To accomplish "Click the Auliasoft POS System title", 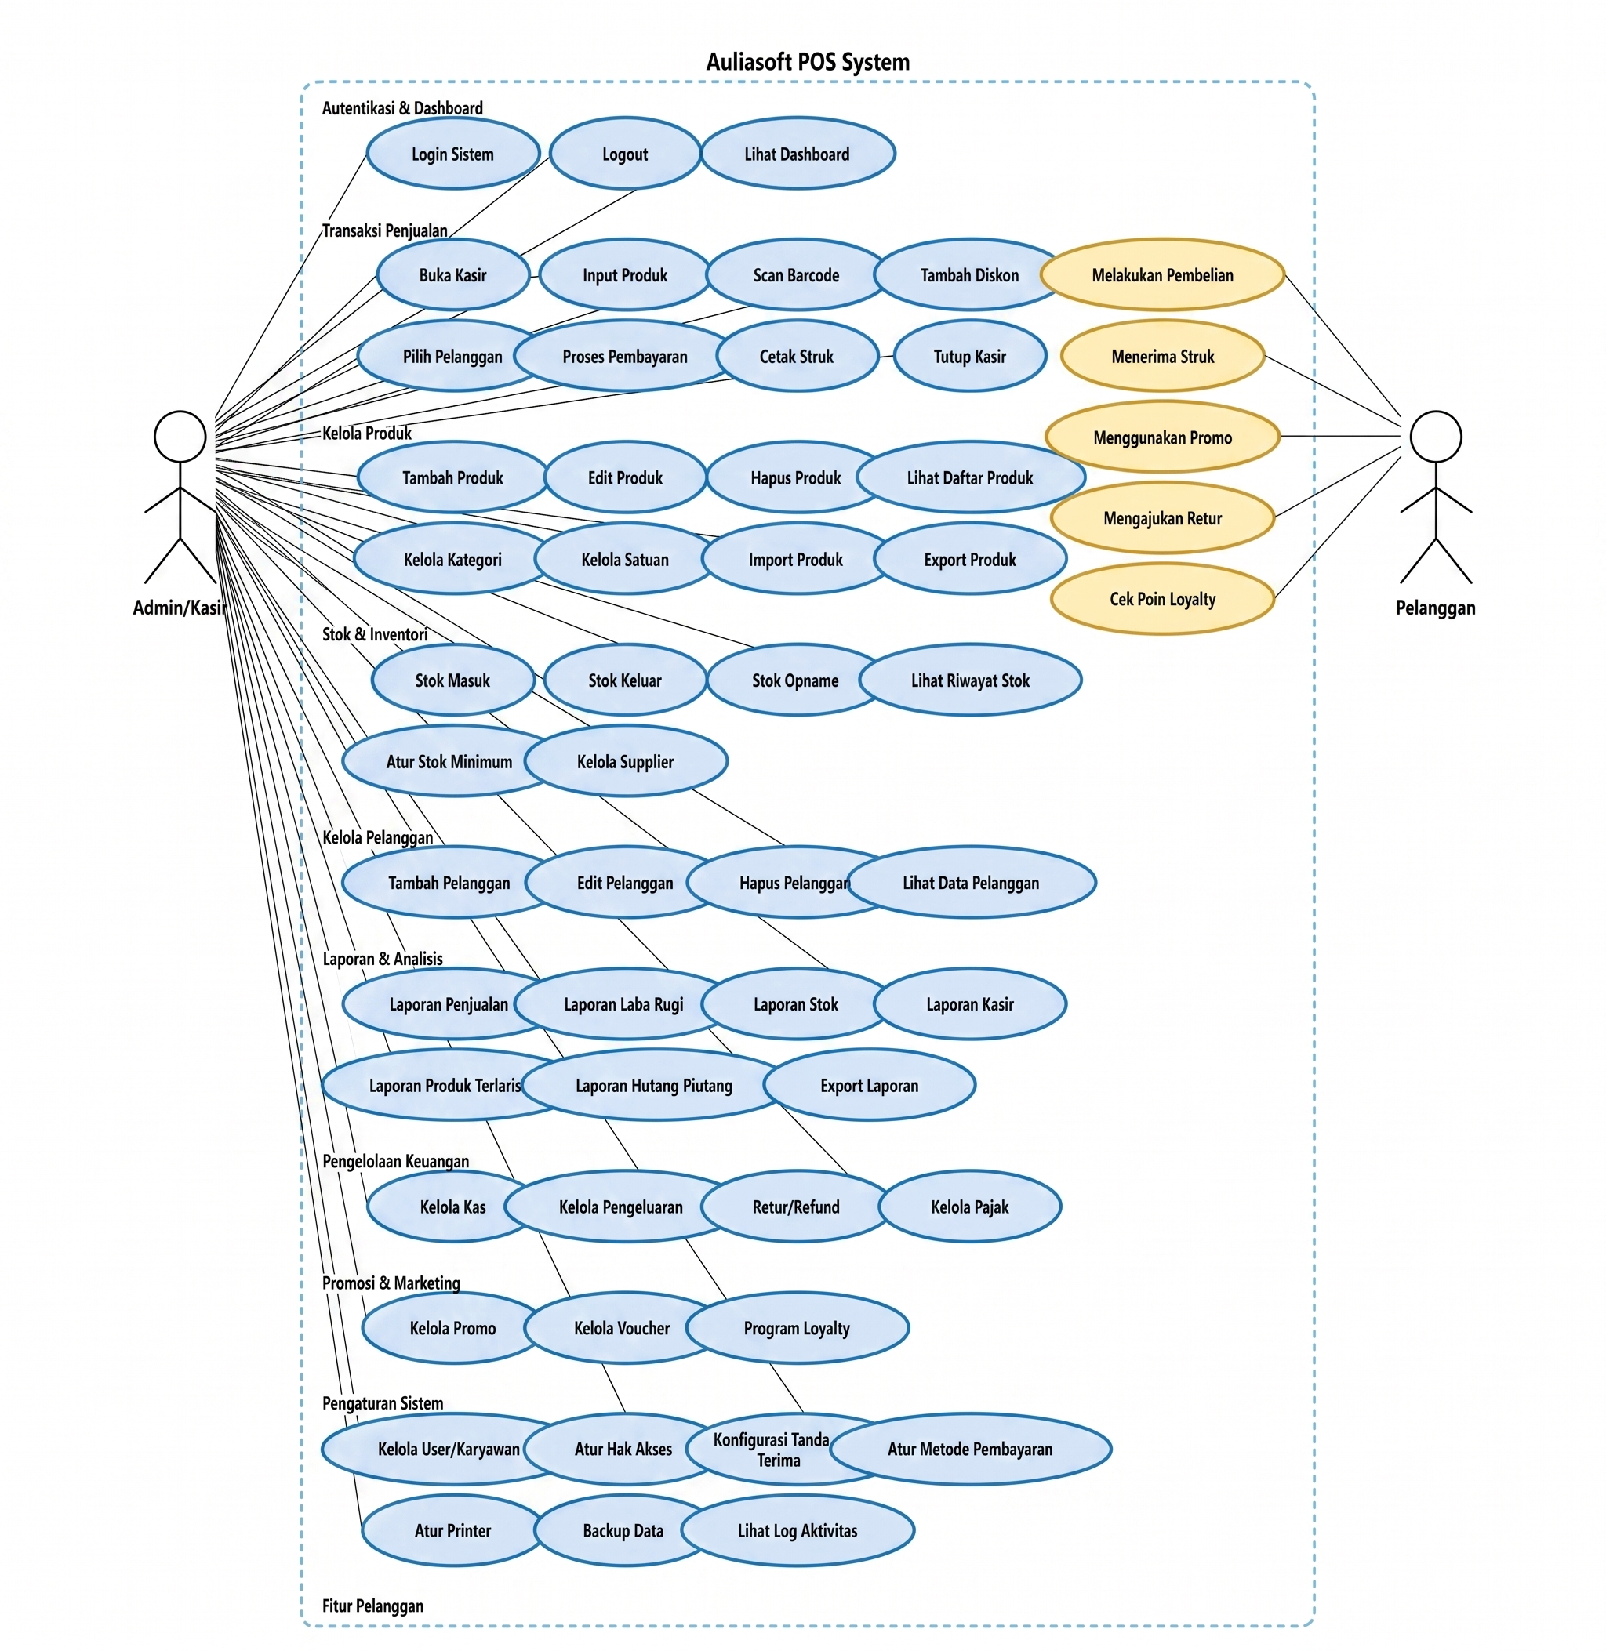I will pyautogui.click(x=807, y=62).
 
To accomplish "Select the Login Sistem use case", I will pyautogui.click(x=453, y=154).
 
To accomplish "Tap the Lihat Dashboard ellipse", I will pyautogui.click(x=797, y=154).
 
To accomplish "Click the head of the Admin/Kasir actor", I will pyautogui.click(x=180, y=436).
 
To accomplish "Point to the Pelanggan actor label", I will pyautogui.click(x=1435, y=608).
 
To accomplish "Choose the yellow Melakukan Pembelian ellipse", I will pyautogui.click(x=1162, y=275).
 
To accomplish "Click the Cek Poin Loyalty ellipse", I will pyautogui.click(x=1162, y=599).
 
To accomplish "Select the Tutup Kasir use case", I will pyautogui.click(x=969, y=356).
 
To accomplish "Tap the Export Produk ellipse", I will pyautogui.click(x=970, y=559).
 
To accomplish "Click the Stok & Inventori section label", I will pyautogui.click(x=375, y=634).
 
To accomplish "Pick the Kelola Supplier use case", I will pyautogui.click(x=625, y=761).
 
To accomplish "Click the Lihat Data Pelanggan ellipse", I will pyautogui.click(x=971, y=883).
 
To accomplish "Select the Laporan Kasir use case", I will pyautogui.click(x=970, y=1004).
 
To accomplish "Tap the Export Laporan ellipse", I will pyautogui.click(x=869, y=1085).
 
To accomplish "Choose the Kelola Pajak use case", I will pyautogui.click(x=969, y=1206).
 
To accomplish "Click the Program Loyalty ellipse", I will pyautogui.click(x=797, y=1328).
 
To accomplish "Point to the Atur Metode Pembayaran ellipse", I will pyautogui.click(x=970, y=1449).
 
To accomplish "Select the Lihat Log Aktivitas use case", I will pyautogui.click(x=797, y=1530).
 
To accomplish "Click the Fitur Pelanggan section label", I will pyautogui.click(x=372, y=1606).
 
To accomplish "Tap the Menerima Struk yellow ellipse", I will pyautogui.click(x=1162, y=356).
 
